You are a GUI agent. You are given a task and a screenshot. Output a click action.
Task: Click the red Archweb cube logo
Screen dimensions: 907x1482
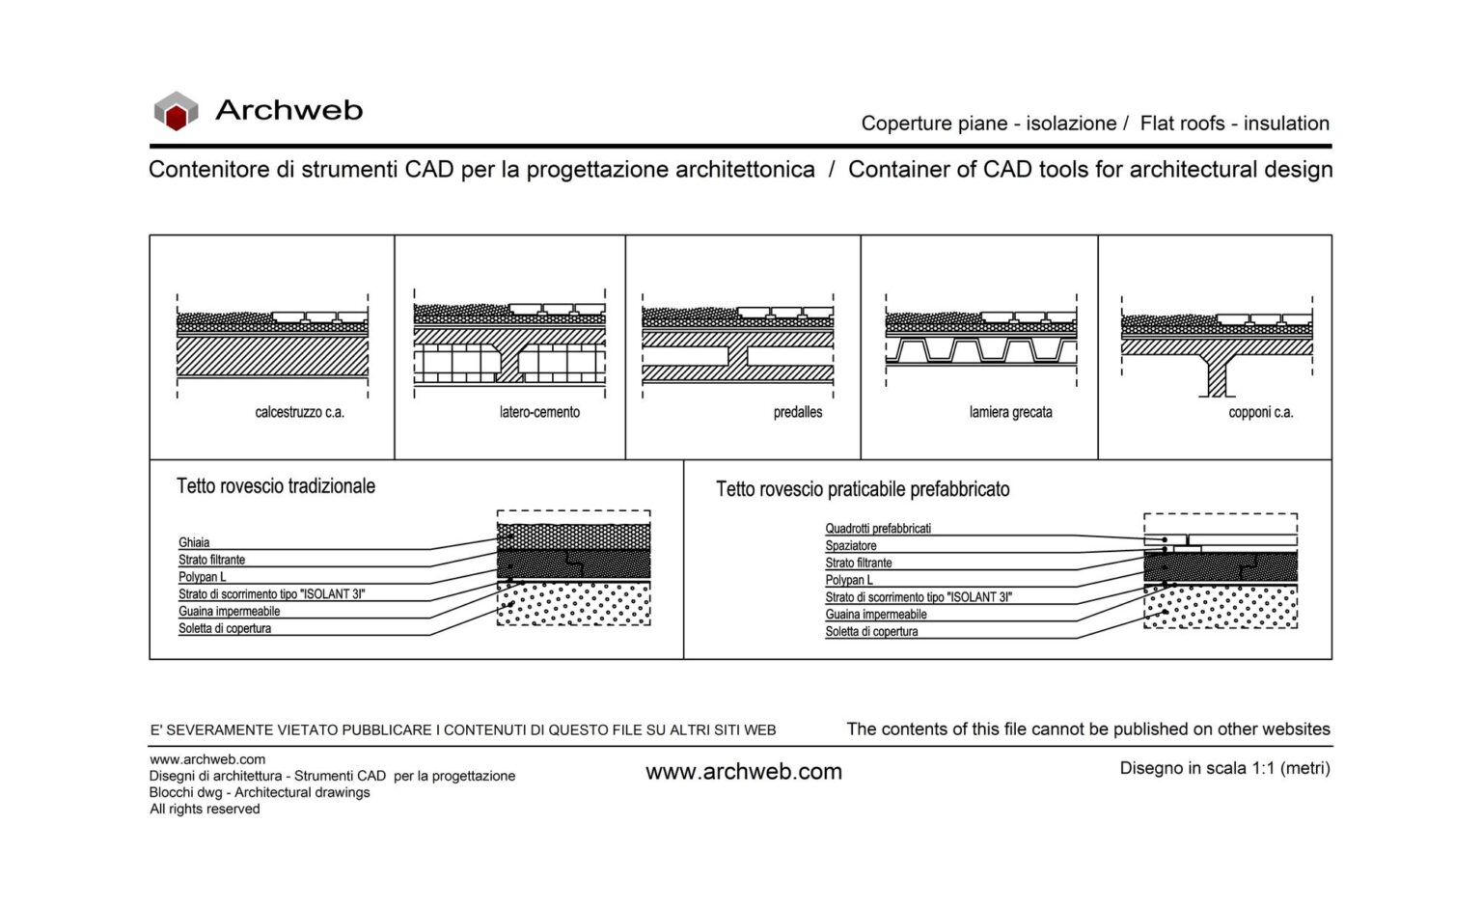(176, 111)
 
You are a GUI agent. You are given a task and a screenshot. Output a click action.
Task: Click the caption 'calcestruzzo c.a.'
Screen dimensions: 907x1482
(299, 413)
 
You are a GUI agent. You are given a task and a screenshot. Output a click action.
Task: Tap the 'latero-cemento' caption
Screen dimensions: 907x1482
(539, 413)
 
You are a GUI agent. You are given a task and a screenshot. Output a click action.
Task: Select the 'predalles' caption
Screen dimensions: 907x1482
(798, 413)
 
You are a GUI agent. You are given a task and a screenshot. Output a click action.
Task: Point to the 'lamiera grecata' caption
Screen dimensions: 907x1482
(1010, 413)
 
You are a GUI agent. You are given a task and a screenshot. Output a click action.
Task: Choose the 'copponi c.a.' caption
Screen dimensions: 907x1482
(1260, 413)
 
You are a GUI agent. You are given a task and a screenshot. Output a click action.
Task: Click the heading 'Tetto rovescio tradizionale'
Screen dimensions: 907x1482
(276, 486)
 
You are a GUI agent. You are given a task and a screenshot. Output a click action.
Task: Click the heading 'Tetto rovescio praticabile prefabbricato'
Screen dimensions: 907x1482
(863, 489)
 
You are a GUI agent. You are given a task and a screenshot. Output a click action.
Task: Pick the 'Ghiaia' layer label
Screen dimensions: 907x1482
(194, 542)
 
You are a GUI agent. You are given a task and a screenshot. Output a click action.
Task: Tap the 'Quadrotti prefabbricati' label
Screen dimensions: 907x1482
(878, 529)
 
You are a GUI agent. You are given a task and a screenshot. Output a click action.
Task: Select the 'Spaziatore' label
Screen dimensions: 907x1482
(851, 546)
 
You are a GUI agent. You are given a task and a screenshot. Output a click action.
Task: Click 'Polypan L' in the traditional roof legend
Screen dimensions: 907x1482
(203, 577)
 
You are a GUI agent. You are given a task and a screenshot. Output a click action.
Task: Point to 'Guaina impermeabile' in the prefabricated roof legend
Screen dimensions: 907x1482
(876, 615)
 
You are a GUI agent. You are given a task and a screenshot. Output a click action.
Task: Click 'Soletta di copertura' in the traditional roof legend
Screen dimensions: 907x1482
(225, 629)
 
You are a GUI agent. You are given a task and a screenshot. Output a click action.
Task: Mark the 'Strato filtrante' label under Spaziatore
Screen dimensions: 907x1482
(859, 563)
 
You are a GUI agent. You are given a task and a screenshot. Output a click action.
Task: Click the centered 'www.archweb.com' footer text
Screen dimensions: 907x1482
(744, 772)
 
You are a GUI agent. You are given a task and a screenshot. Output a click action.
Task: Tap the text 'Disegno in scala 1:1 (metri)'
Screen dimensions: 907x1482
(1224, 769)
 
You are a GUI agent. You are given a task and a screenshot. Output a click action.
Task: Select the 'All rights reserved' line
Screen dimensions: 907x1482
(205, 810)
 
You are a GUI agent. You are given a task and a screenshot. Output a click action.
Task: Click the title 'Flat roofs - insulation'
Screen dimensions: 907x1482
(1234, 124)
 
